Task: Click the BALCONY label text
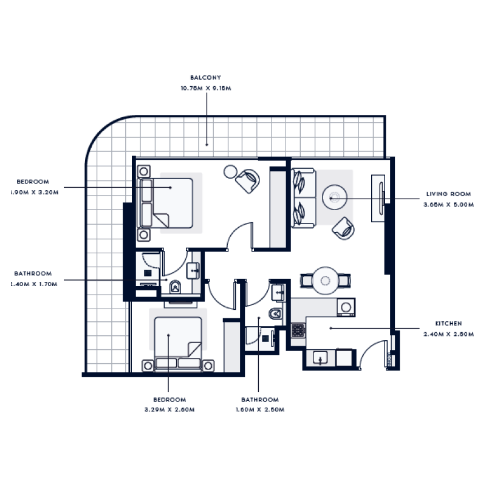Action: [205, 78]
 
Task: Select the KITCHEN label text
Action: [448, 324]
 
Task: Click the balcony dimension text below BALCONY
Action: [205, 89]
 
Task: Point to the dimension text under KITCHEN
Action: [448, 334]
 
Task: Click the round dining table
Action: [325, 279]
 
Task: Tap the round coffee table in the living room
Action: [334, 197]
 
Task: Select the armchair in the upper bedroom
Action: [248, 180]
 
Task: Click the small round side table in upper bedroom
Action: [230, 171]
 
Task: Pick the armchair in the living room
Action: [343, 227]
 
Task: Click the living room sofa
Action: [303, 198]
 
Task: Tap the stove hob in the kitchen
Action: [298, 330]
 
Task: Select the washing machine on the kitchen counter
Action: [346, 308]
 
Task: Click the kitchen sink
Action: [320, 358]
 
